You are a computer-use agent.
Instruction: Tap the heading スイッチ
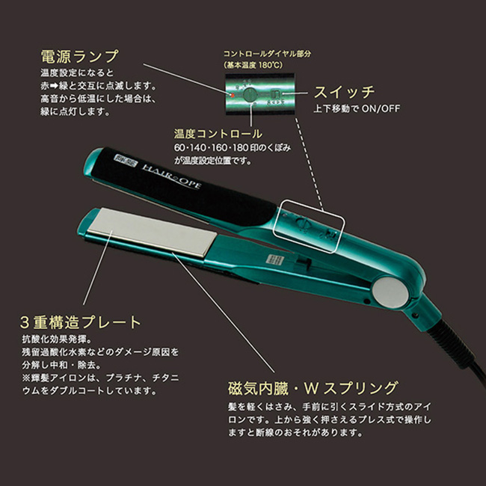pyautogui.click(x=343, y=93)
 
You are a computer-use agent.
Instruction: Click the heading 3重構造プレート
pyautogui.click(x=80, y=323)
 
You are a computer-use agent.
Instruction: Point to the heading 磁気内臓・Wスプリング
pyautogui.click(x=313, y=388)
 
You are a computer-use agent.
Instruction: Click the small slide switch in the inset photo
pyautogui.click(x=276, y=95)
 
